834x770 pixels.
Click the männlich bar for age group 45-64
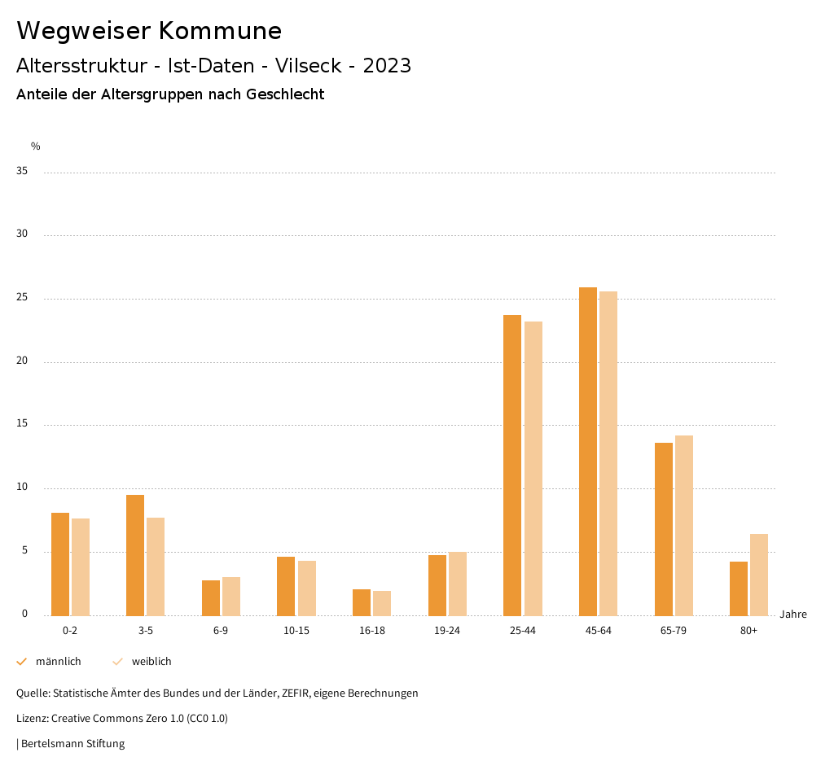[x=588, y=452]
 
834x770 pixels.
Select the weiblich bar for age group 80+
[x=759, y=575]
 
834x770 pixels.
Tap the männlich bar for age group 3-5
[x=135, y=555]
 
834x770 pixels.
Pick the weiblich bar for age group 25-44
[x=533, y=469]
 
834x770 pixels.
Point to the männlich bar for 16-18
[x=362, y=602]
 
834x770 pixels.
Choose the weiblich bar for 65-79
[x=684, y=526]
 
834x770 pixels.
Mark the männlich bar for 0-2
[x=60, y=564]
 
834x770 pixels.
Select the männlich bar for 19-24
[x=437, y=585]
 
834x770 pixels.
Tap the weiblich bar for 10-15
[x=307, y=588]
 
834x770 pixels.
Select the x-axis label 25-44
[x=523, y=632]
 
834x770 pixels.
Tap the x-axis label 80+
[x=749, y=632]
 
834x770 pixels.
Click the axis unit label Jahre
[x=793, y=615]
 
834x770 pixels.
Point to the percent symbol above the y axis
[x=36, y=147]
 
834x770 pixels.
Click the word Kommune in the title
[x=220, y=31]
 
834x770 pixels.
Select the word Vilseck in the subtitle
[x=310, y=66]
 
